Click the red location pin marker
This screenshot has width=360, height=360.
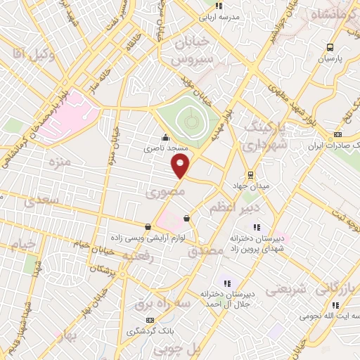181,166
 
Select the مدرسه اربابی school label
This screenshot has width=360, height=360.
219,15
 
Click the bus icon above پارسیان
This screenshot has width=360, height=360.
330,47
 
